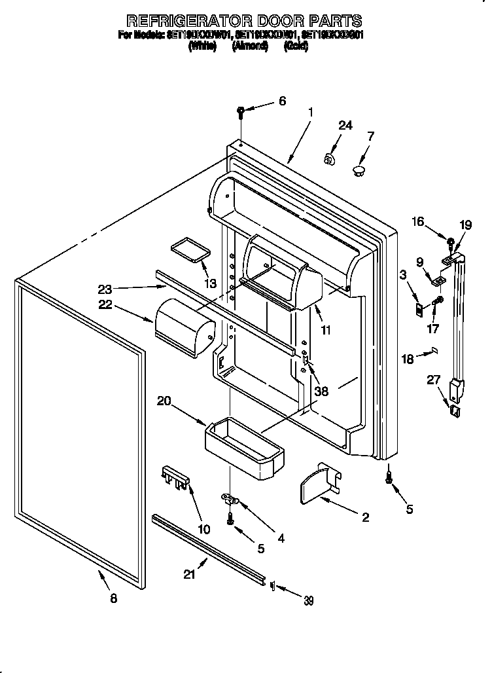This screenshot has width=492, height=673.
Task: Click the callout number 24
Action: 345,125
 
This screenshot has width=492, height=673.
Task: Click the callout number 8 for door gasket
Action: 113,598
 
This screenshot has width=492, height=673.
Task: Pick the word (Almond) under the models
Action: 250,46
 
